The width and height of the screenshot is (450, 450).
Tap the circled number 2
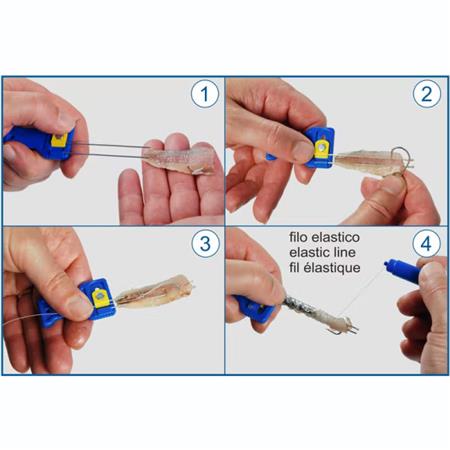coord(426,97)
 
